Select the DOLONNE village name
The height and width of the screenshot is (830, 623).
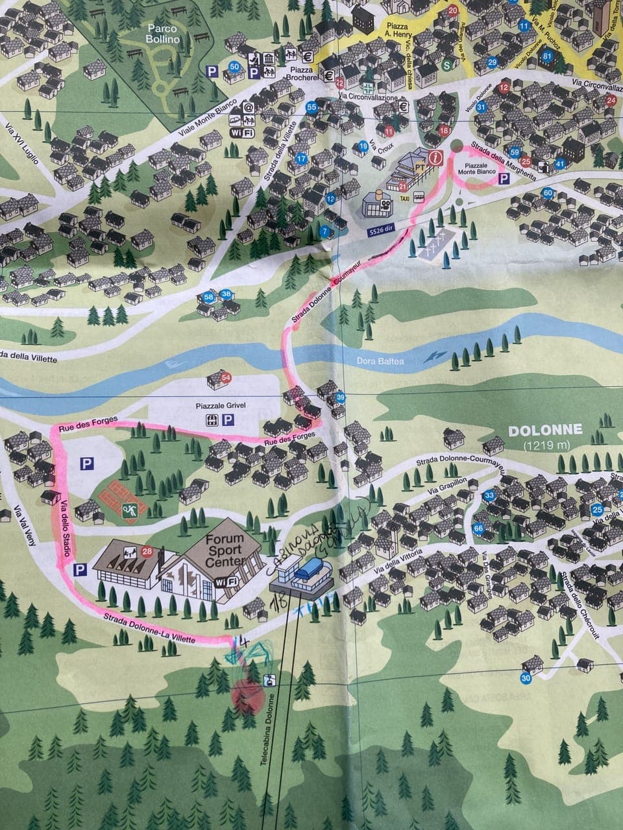click(x=545, y=430)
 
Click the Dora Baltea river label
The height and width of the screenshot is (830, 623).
click(x=380, y=361)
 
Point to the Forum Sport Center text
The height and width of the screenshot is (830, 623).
click(x=225, y=550)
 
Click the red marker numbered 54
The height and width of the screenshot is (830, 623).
click(x=226, y=377)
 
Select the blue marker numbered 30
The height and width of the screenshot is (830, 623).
click(x=526, y=679)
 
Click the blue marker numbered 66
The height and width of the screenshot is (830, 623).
click(x=479, y=528)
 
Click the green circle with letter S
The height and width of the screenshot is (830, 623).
click(x=446, y=64)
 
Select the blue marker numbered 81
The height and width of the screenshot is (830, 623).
click(x=547, y=56)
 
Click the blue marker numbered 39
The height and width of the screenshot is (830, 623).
click(x=341, y=398)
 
